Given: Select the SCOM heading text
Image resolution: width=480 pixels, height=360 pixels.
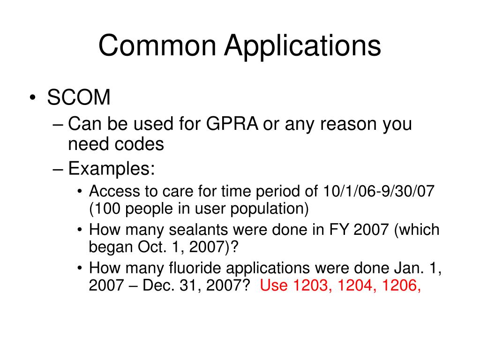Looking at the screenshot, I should (79, 98).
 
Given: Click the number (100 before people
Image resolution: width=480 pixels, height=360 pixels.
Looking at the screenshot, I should (106, 208).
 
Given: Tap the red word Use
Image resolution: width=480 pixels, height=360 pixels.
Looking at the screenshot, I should (274, 285).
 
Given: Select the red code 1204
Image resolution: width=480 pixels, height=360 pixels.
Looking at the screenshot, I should (354, 285).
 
